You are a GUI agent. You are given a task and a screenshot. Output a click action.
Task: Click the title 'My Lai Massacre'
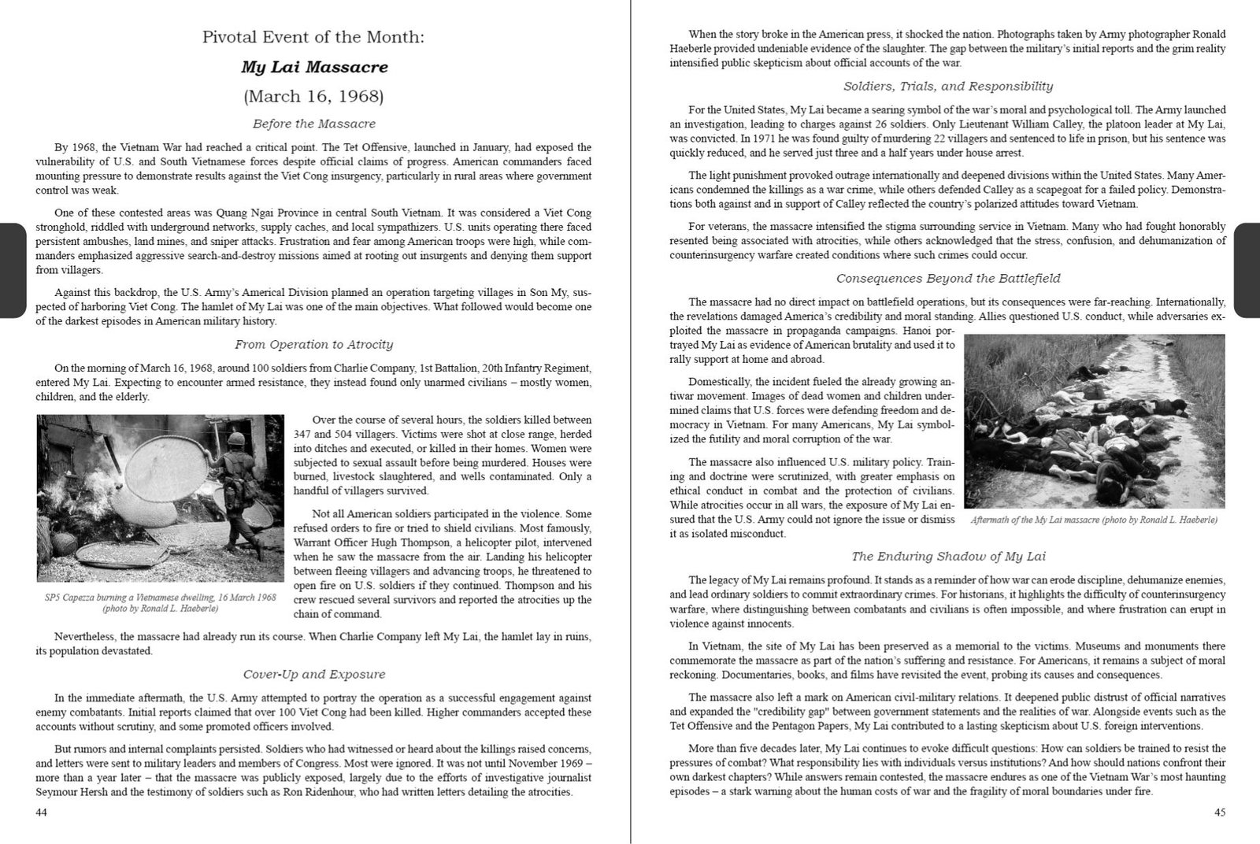314,66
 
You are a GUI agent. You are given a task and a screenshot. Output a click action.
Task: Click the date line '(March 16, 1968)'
314,96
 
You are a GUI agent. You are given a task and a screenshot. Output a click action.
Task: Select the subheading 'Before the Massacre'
314,124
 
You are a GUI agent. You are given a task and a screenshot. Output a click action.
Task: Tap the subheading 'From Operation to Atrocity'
314,344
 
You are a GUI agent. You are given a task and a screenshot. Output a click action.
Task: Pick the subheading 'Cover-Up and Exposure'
314,674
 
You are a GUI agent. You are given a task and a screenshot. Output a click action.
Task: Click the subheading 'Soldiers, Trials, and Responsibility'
948,86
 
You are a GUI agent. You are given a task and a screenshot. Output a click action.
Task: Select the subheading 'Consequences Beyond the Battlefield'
948,278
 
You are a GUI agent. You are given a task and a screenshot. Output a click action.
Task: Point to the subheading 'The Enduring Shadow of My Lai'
948,557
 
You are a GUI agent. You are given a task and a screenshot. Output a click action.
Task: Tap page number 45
1219,813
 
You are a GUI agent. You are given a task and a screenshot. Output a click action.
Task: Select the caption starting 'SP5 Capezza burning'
160,603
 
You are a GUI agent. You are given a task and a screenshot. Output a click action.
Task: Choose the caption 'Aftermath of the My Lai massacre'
1095,520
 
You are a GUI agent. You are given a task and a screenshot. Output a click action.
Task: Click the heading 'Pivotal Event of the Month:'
314,37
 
